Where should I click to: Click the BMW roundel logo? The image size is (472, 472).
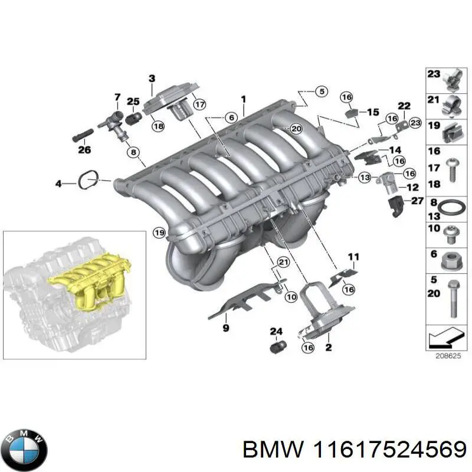coord(24,447)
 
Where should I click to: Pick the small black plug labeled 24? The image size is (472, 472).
coord(276,346)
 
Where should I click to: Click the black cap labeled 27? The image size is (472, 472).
coord(396,206)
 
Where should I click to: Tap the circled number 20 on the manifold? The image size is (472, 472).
coord(296,129)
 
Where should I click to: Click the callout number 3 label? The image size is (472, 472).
coord(152,78)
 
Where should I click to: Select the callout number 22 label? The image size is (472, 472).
coord(404,106)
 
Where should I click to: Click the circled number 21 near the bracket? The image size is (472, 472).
coord(283,263)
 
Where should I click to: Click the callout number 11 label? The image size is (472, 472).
coord(353,256)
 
